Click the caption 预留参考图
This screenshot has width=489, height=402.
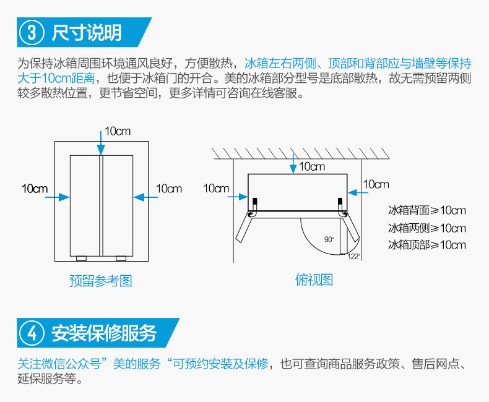[x=100, y=281]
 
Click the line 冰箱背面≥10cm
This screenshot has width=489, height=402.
[x=426, y=211]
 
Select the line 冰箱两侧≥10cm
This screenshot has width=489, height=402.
[x=426, y=228]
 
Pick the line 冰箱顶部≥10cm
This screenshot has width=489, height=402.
[x=426, y=245]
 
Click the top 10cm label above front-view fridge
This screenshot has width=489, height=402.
[x=118, y=131]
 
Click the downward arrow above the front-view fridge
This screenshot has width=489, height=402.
[x=100, y=142]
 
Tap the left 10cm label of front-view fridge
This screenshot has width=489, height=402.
[x=35, y=188]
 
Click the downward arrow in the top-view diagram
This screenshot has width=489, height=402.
[x=293, y=162]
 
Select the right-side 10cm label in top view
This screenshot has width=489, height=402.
[x=376, y=184]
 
